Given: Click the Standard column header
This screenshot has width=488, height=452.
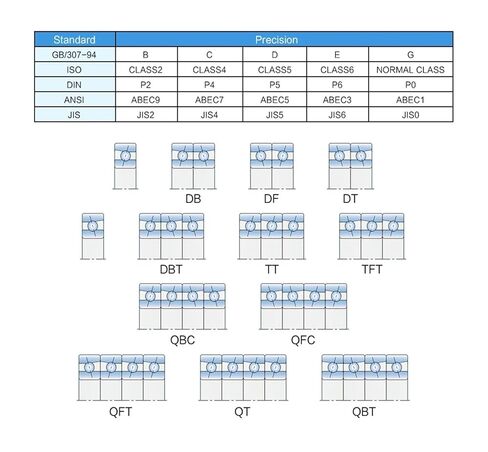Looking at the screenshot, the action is (74, 40).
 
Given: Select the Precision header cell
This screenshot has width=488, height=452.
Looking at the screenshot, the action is (276, 40).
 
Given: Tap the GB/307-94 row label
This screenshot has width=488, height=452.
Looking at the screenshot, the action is (74, 55).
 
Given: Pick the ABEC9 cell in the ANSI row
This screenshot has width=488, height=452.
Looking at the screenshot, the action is (145, 100).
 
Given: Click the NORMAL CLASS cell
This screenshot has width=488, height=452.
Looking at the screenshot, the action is (410, 70).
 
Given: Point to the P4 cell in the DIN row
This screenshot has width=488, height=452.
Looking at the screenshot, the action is (209, 85).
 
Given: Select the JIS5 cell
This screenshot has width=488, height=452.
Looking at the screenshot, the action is (275, 115).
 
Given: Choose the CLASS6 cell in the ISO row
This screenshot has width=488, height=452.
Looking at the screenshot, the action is (337, 70).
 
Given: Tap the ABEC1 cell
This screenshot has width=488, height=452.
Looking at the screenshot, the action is (410, 100).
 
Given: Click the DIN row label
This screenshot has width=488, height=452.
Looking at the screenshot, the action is (74, 85).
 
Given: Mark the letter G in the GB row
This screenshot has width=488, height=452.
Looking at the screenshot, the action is (410, 55).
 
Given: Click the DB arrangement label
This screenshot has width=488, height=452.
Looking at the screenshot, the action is (193, 199).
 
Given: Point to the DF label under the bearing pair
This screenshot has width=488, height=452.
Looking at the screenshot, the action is (271, 199).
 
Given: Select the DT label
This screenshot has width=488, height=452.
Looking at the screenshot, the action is (350, 199).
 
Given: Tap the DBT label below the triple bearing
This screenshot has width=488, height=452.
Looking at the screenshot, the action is (171, 269).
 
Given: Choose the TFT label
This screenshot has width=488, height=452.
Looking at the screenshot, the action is (372, 269).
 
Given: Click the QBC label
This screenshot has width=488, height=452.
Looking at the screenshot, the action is (182, 340).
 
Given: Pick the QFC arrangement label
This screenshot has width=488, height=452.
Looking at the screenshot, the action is (303, 340).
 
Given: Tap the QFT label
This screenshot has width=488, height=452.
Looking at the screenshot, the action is (121, 412).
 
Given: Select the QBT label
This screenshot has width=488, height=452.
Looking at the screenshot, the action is (364, 412).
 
